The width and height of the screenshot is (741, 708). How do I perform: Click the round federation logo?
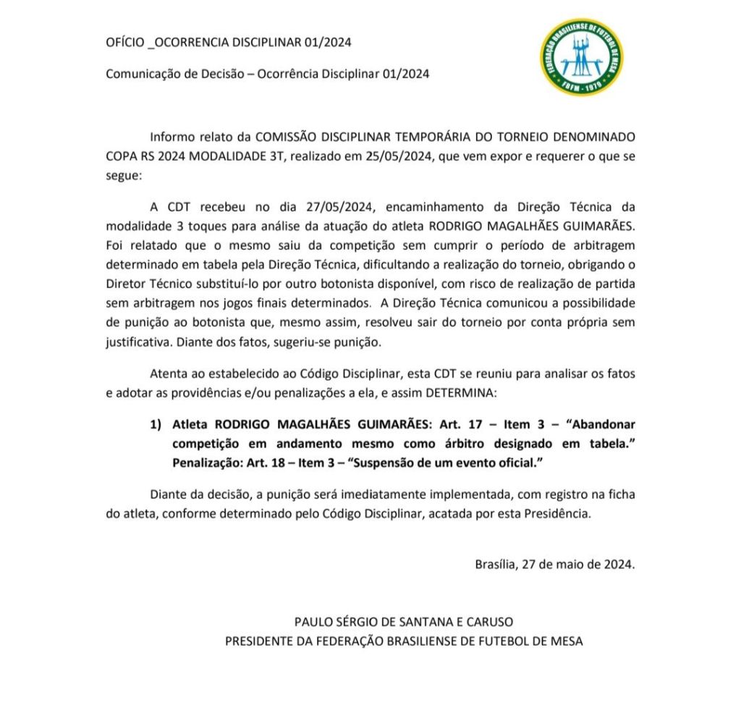(580, 56)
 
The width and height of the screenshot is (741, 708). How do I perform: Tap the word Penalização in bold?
(206, 462)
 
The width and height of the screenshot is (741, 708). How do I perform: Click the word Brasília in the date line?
(496, 564)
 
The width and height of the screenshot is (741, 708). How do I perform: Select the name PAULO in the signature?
(313, 622)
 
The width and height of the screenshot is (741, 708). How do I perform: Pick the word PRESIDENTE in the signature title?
(258, 641)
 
